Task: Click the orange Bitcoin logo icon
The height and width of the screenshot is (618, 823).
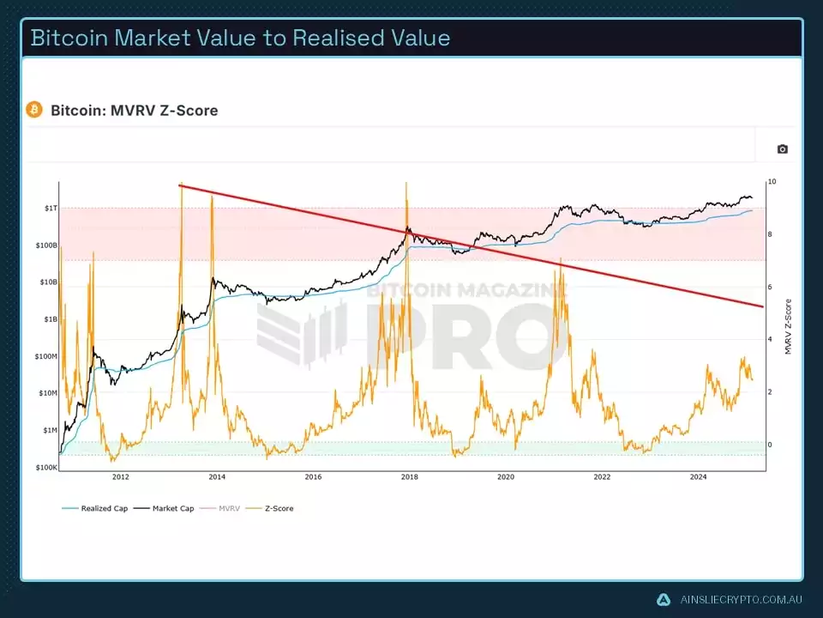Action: point(34,110)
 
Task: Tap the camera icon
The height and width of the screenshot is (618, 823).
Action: point(782,149)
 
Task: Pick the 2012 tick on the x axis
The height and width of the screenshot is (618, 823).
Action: point(120,477)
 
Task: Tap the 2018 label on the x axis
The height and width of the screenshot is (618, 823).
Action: point(409,477)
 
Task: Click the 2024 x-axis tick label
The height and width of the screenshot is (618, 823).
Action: point(699,477)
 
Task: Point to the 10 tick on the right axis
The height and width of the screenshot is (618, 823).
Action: point(772,182)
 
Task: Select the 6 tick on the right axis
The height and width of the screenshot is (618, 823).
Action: point(770,287)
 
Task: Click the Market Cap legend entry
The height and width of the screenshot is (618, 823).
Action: point(172,509)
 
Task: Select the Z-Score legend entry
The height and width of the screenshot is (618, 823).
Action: point(278,509)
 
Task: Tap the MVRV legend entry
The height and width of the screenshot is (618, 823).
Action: point(229,509)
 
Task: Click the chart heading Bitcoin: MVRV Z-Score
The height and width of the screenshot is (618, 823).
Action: point(134,111)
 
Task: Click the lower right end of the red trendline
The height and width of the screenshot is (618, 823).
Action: point(761,306)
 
